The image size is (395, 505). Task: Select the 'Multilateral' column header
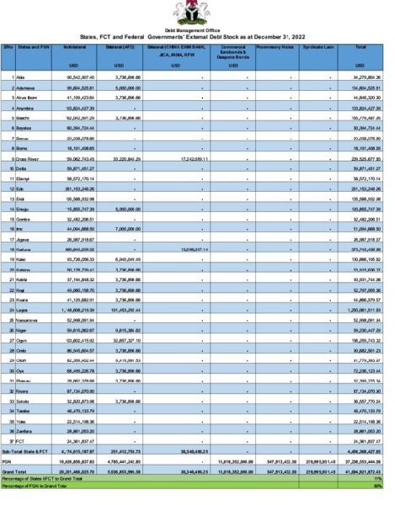78,48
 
